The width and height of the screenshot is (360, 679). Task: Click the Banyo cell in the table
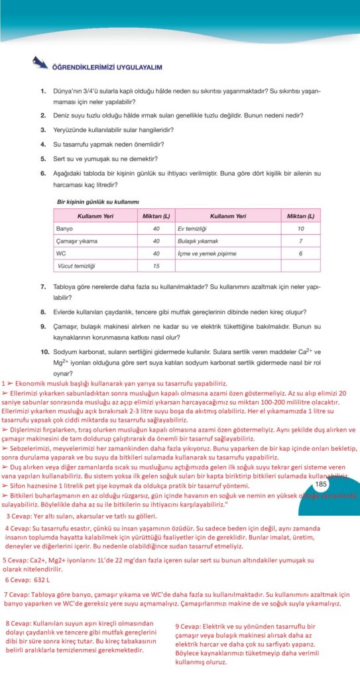[66, 229]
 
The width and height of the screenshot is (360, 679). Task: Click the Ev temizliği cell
[191, 229]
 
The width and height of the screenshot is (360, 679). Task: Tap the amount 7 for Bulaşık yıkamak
[300, 241]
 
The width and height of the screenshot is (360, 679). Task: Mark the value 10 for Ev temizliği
[300, 229]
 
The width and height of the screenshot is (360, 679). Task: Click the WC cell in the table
[63, 253]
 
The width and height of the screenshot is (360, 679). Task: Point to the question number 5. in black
[42, 158]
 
